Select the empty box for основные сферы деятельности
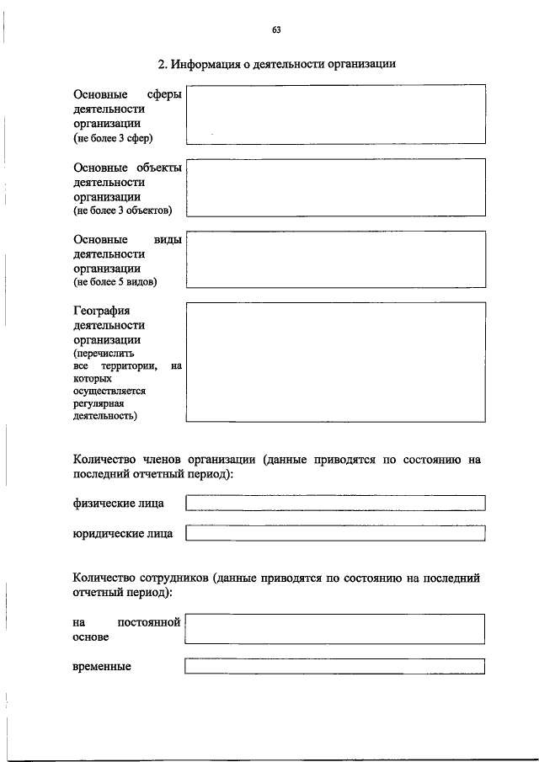click(335, 114)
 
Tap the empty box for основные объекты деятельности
click(335, 187)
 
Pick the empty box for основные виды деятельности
click(335, 259)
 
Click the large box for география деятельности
click(335, 361)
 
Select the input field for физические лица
click(335, 503)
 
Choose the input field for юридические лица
click(335, 532)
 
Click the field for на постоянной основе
click(335, 629)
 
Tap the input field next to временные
click(335, 666)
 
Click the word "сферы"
click(164, 95)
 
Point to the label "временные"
click(102, 666)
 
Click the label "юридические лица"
click(123, 532)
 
